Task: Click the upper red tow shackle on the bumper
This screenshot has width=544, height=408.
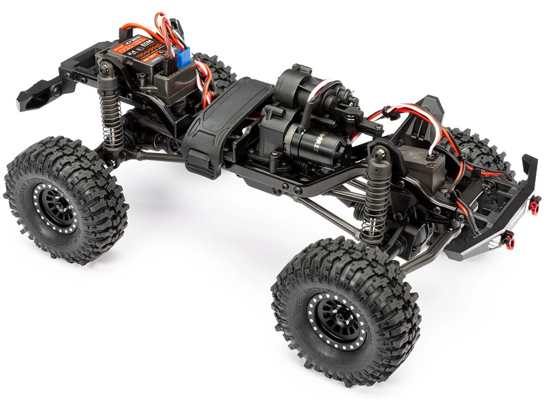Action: click(x=535, y=205)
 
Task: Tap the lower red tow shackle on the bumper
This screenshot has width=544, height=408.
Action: click(x=509, y=241)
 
